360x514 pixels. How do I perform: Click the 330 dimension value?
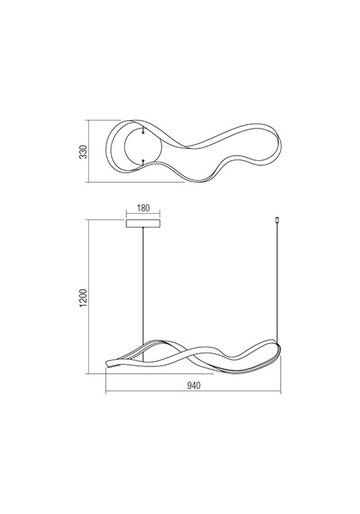click(x=84, y=152)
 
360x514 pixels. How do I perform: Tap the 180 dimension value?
click(x=143, y=208)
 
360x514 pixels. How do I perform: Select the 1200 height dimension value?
click(x=84, y=297)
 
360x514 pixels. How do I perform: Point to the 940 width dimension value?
click(x=193, y=385)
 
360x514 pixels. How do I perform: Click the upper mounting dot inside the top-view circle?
click(x=143, y=132)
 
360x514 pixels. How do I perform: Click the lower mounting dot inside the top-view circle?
click(x=143, y=160)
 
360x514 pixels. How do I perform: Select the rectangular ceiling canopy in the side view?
click(x=143, y=223)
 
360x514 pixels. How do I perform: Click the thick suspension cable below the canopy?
click(x=143, y=288)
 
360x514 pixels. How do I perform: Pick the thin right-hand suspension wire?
click(x=278, y=282)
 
